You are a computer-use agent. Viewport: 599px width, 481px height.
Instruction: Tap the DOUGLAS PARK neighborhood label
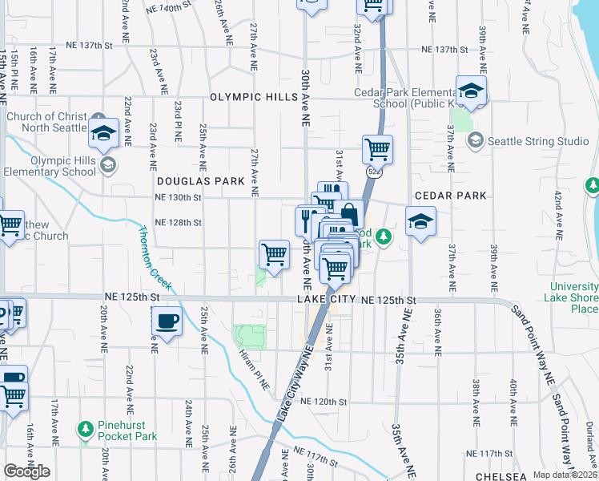tap(200, 182)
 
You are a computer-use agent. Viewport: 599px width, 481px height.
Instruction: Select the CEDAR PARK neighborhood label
tap(450, 196)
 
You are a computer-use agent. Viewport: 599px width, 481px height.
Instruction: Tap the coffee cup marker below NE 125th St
tap(167, 321)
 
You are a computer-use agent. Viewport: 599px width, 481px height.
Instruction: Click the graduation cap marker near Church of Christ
tap(103, 134)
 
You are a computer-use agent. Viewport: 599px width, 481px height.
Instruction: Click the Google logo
tap(26, 471)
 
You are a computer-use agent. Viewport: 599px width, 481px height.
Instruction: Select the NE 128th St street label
tap(178, 222)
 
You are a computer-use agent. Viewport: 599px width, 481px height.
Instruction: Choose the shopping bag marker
tap(349, 214)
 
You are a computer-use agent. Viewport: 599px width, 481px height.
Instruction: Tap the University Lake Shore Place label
tap(574, 298)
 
